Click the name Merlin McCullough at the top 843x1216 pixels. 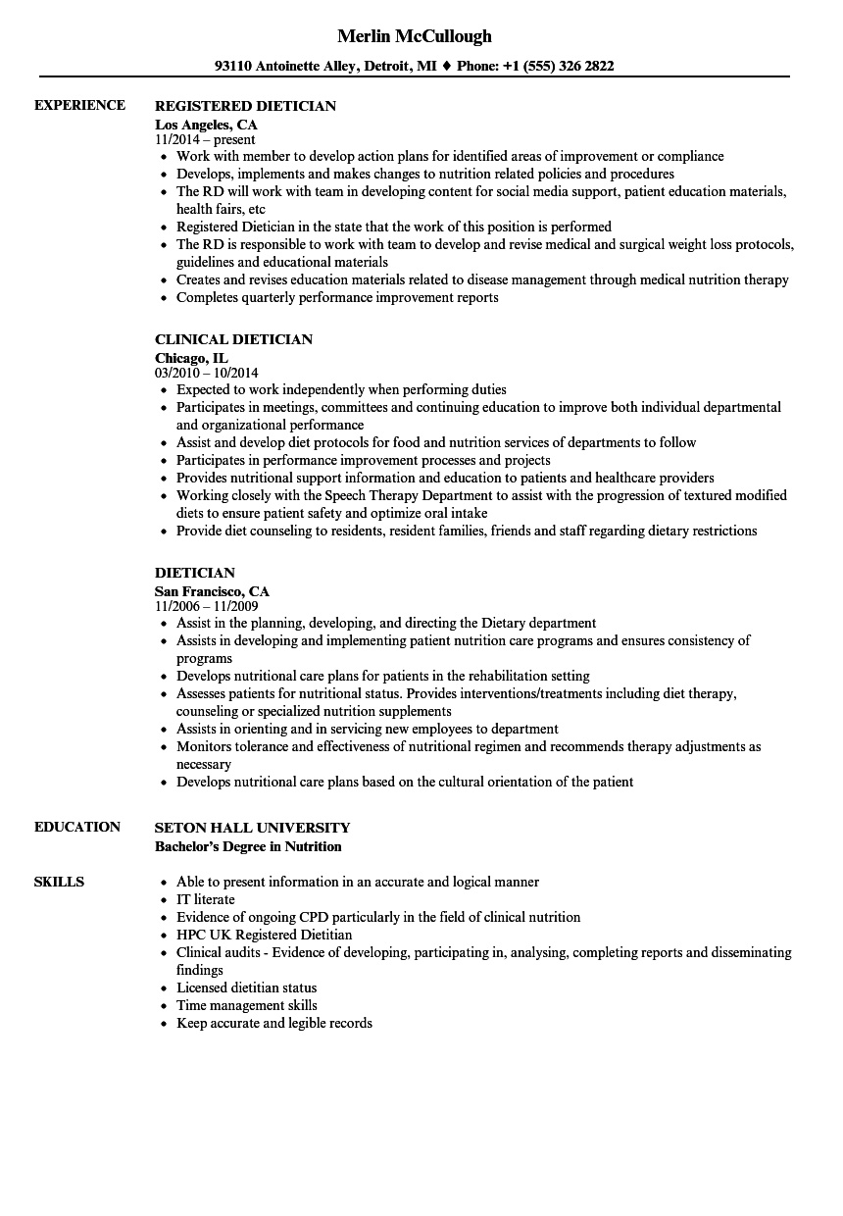pyautogui.click(x=414, y=36)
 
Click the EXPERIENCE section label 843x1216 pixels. pyautogui.click(x=79, y=105)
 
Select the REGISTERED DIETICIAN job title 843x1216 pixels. pyautogui.click(x=245, y=106)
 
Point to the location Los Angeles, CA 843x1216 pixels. pyautogui.click(x=206, y=125)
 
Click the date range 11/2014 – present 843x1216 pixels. pyautogui.click(x=205, y=140)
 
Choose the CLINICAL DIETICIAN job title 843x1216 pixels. pyautogui.click(x=233, y=339)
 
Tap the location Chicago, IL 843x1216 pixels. pyautogui.click(x=191, y=358)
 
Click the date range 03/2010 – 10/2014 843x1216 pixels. pyautogui.click(x=207, y=374)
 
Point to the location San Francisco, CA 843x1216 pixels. pyautogui.click(x=212, y=591)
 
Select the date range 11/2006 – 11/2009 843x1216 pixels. pyautogui.click(x=206, y=607)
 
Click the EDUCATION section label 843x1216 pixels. pyautogui.click(x=77, y=827)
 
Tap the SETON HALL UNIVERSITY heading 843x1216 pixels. pyautogui.click(x=252, y=828)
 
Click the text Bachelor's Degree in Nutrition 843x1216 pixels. pyautogui.click(x=248, y=846)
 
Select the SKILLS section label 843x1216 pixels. pyautogui.click(x=59, y=882)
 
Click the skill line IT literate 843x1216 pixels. pyautogui.click(x=205, y=899)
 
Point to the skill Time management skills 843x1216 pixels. pyautogui.click(x=246, y=1005)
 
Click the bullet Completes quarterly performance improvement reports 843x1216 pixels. pyautogui.click(x=337, y=297)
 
